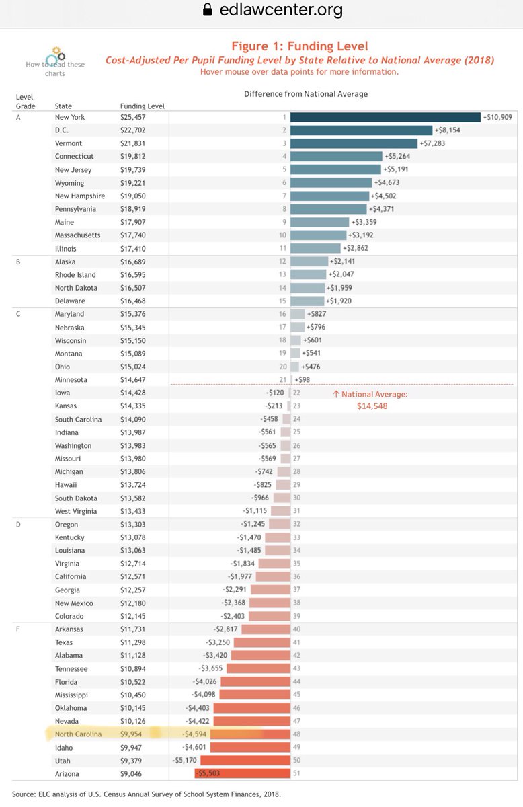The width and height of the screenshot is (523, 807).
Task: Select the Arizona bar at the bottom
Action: (x=242, y=773)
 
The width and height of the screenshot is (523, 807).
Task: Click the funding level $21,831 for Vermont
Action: (x=133, y=143)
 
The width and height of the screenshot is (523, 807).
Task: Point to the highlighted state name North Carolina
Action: (x=78, y=734)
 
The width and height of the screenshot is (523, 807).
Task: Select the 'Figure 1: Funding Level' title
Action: (x=299, y=46)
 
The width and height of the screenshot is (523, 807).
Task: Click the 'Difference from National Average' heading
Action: (x=306, y=94)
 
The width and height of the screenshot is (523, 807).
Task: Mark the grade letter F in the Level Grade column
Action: (x=18, y=629)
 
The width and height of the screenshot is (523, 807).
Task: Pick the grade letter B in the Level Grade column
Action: (x=18, y=262)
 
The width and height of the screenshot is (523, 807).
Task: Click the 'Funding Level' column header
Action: (x=142, y=106)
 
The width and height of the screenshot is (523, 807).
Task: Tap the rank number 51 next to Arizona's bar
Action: (x=296, y=773)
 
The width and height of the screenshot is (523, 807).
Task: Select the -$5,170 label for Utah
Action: (x=186, y=760)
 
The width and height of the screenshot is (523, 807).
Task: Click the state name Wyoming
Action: (x=69, y=183)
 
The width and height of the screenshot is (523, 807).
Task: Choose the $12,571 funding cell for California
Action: (x=133, y=576)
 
